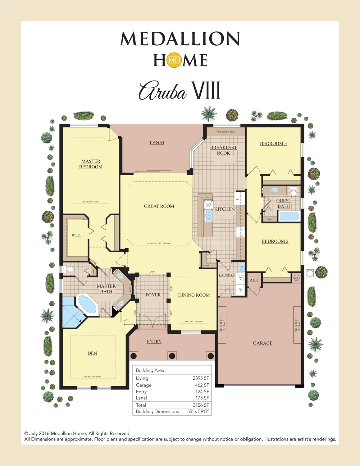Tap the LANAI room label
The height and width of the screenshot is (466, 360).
[x=157, y=143]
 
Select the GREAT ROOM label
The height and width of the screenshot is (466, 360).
[x=159, y=206]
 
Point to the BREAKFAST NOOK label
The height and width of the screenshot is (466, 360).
[x=223, y=150]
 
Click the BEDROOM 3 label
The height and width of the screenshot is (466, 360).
[x=273, y=143]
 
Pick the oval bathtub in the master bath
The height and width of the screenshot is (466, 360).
[x=87, y=304]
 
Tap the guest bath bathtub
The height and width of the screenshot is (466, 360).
[x=289, y=216]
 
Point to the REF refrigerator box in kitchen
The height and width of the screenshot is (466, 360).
[x=238, y=199]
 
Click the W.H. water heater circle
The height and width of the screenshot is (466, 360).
[x=297, y=278]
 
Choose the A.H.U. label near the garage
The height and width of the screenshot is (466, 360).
[x=254, y=280]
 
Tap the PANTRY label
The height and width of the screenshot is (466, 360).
[x=207, y=265]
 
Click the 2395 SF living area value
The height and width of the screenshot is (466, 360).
[x=201, y=378]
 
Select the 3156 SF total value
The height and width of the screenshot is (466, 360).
[x=201, y=405]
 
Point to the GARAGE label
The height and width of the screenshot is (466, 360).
[x=262, y=343]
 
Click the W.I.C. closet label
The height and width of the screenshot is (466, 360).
[x=76, y=235]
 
